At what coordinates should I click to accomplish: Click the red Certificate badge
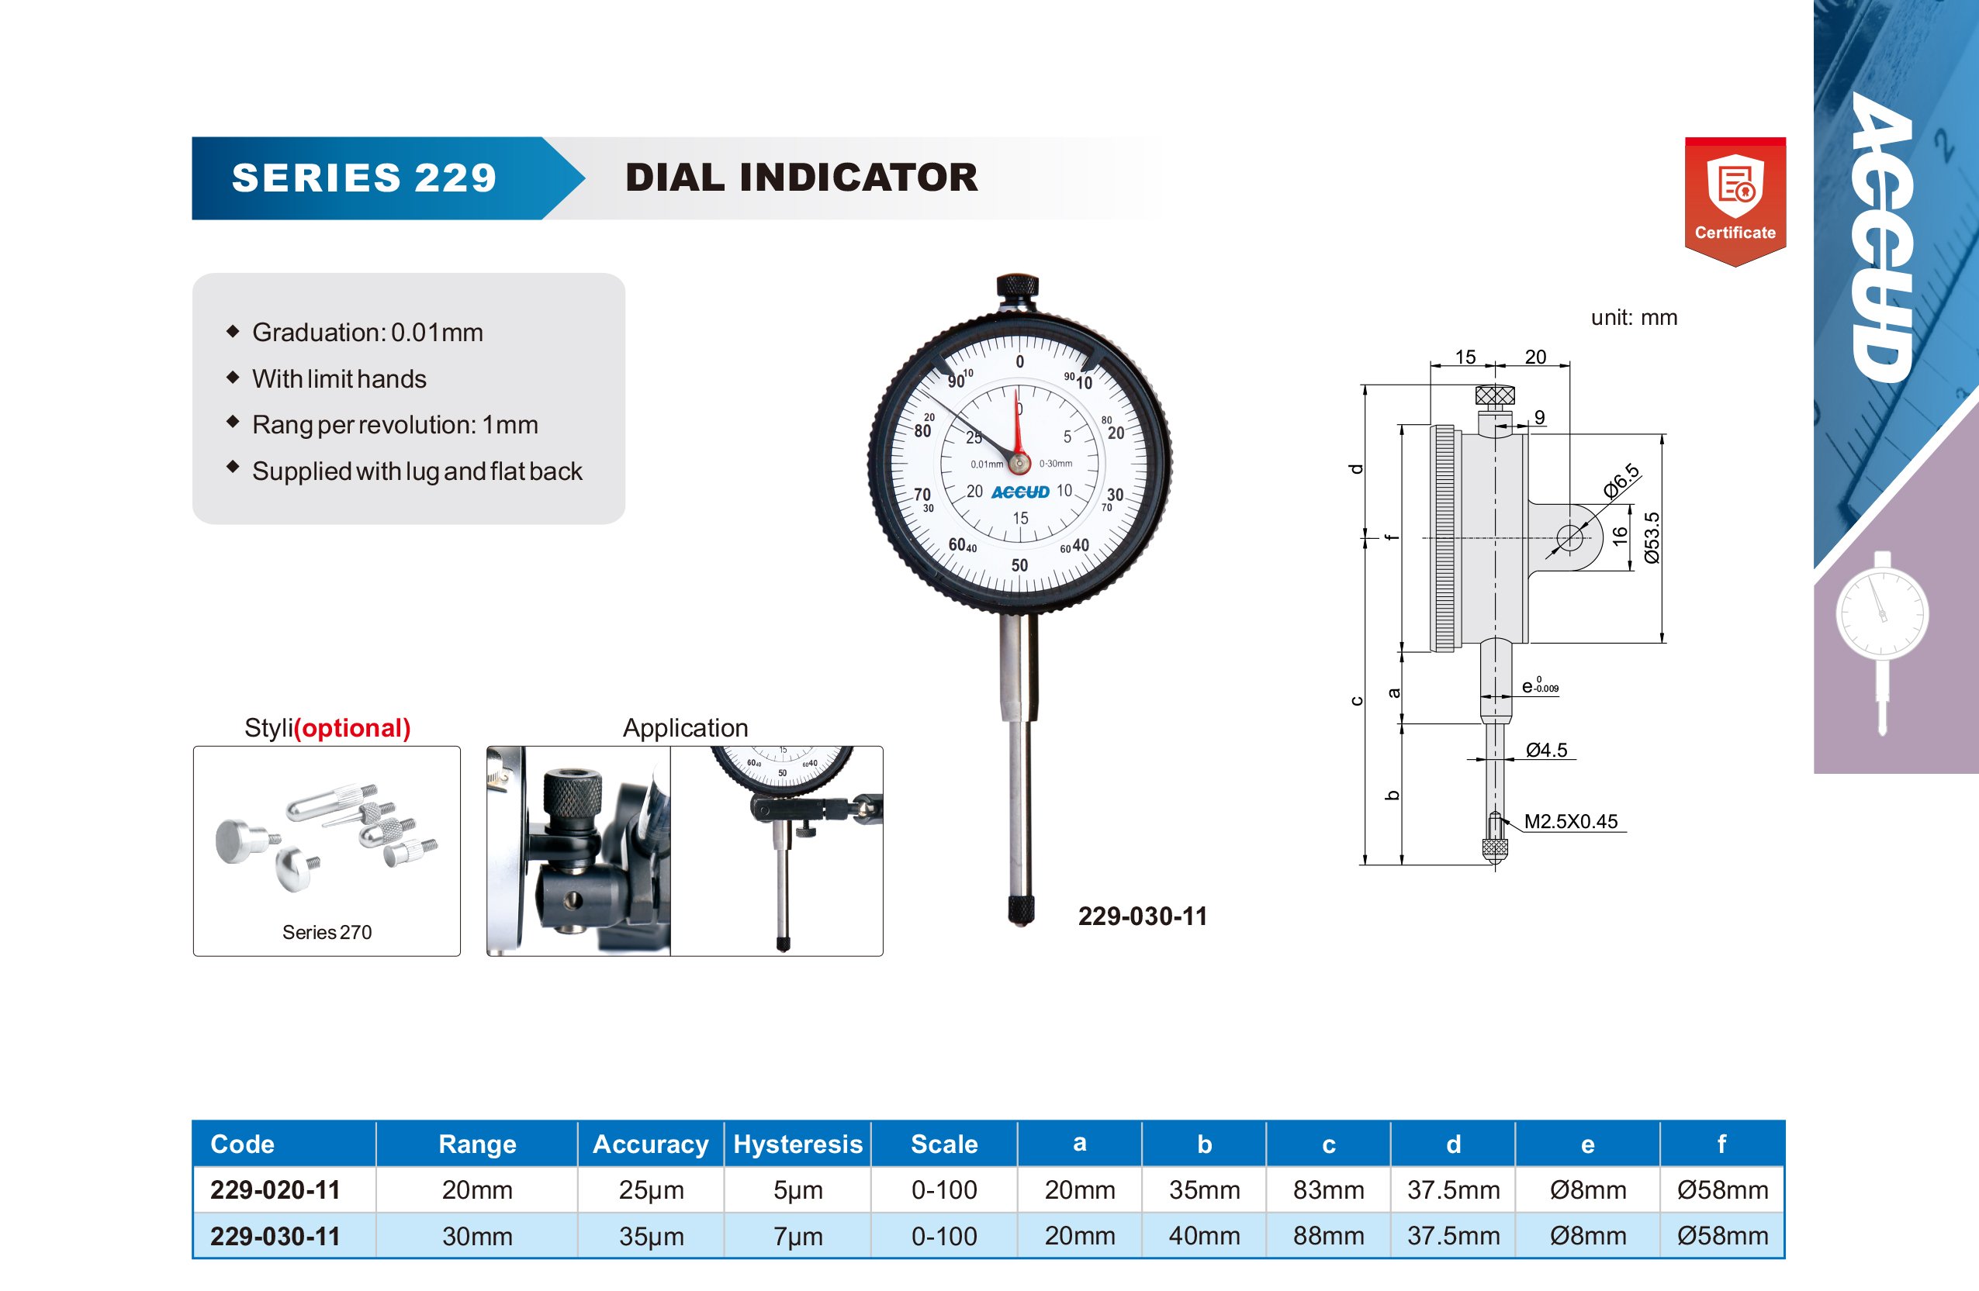(1735, 201)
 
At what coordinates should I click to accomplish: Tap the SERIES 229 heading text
(364, 178)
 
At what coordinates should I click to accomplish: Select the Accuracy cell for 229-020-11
(651, 1189)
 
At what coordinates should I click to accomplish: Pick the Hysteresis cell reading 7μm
(798, 1236)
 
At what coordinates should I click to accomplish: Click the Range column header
(477, 1144)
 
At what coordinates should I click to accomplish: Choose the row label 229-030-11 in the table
(275, 1236)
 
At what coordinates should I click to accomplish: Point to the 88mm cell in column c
(1329, 1236)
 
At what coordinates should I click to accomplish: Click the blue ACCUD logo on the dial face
(1020, 492)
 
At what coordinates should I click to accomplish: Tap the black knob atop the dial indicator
(1017, 289)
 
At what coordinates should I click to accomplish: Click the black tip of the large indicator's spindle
(1021, 910)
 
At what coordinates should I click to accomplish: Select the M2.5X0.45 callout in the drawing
(1571, 821)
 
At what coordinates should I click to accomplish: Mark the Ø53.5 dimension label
(1652, 538)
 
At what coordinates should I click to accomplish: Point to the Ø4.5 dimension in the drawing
(1547, 750)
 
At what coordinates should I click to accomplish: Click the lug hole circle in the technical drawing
(1569, 537)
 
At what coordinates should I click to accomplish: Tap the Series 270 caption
(327, 932)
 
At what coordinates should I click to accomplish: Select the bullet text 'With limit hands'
(339, 379)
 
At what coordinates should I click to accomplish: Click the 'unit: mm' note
(1634, 318)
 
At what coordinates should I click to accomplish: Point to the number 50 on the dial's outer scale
(1019, 565)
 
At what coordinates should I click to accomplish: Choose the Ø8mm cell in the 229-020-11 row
(1588, 1189)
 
